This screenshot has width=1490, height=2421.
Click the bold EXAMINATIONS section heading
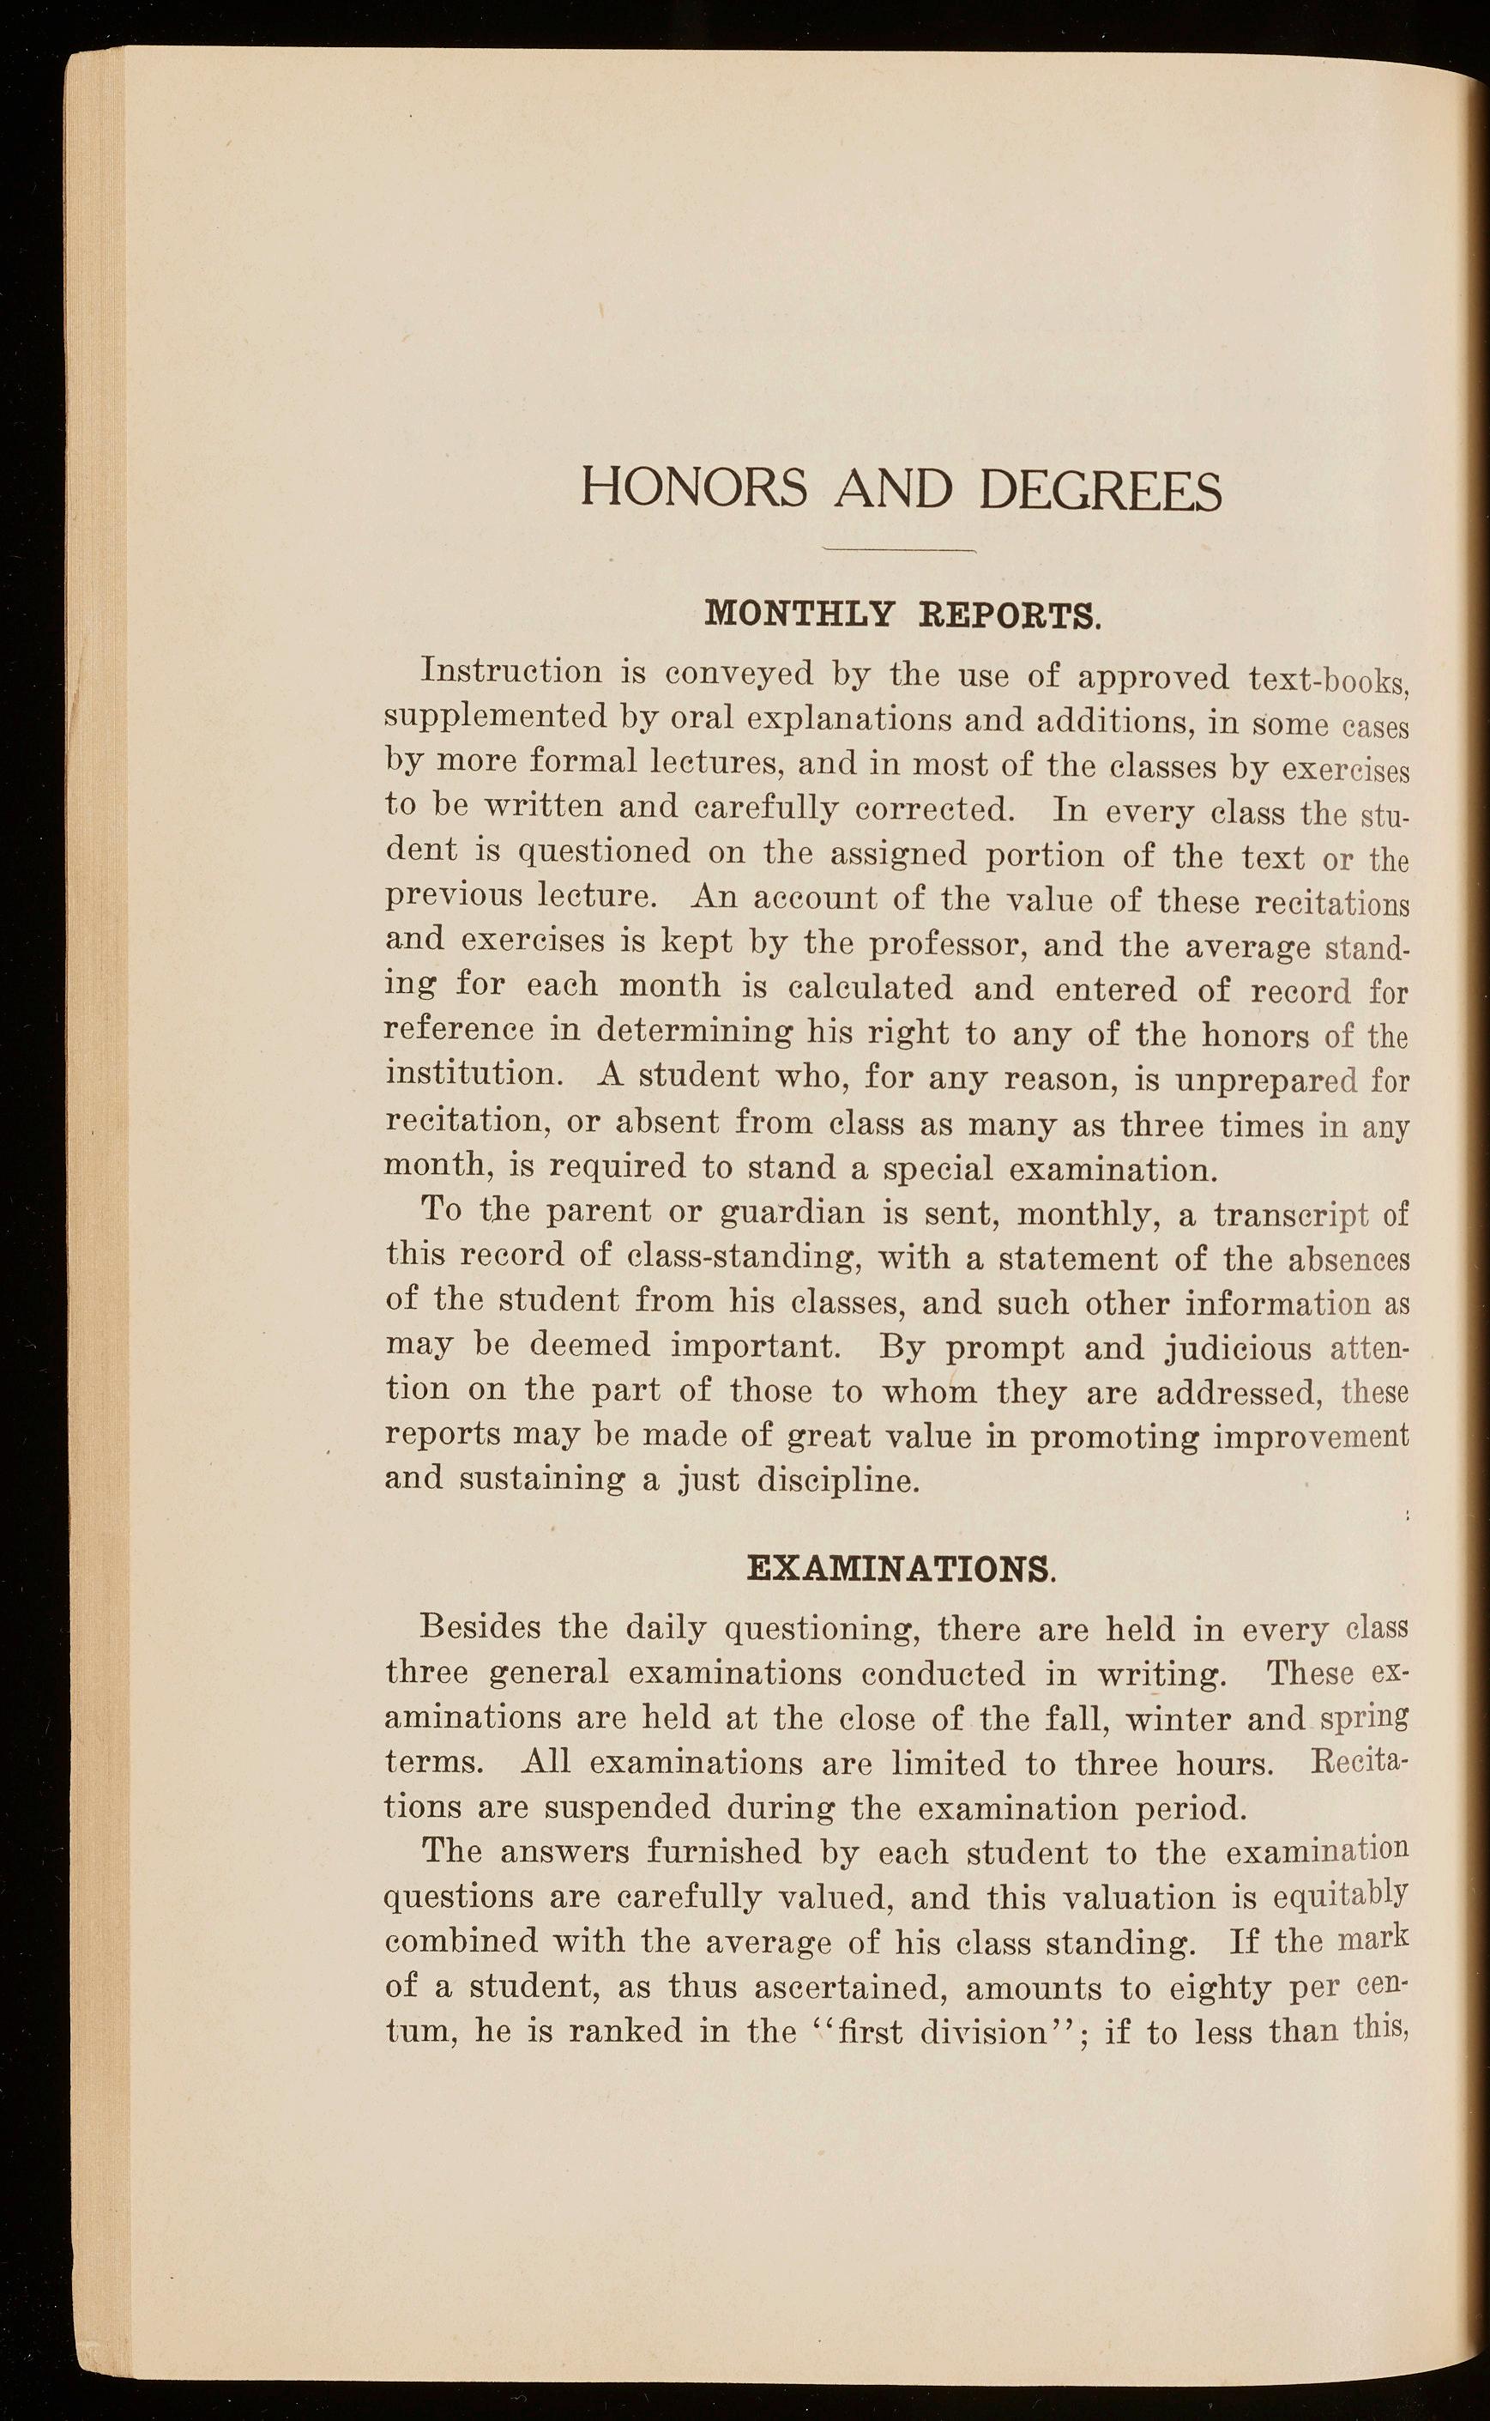[902, 1566]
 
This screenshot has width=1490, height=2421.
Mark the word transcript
[1291, 1214]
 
